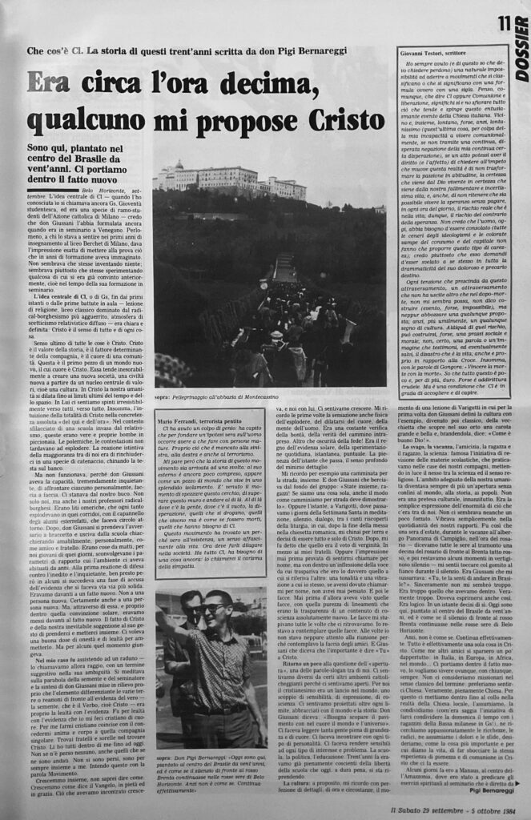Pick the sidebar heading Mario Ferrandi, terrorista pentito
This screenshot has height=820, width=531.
tap(205, 420)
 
